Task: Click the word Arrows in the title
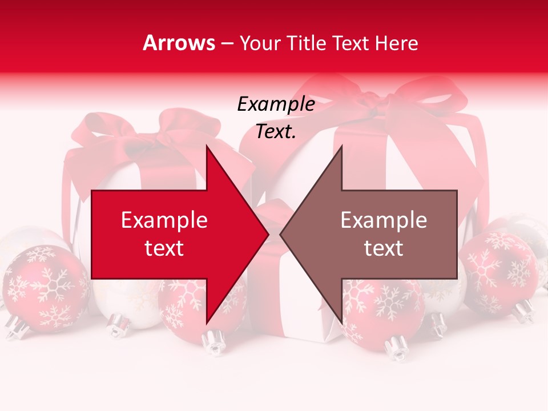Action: click(179, 43)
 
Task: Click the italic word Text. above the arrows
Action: click(276, 131)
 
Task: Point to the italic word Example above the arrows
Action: click(276, 104)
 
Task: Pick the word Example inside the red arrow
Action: click(164, 220)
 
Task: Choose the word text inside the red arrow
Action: click(164, 248)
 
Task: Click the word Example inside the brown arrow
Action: click(384, 220)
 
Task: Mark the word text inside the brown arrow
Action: click(384, 248)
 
